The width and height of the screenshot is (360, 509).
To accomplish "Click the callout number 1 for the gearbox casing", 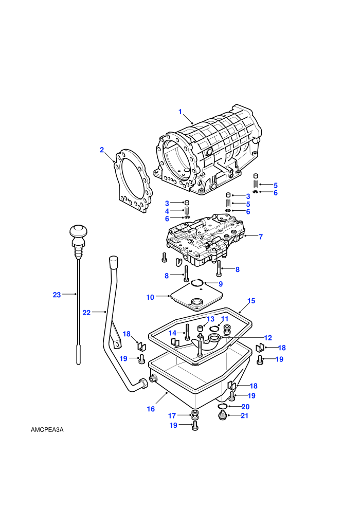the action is tap(180, 112).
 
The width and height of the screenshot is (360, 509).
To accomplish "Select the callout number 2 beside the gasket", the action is tap(102, 150).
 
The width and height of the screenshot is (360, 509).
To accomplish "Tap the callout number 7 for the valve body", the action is tap(261, 237).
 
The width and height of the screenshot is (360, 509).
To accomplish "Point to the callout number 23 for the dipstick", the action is tap(57, 295).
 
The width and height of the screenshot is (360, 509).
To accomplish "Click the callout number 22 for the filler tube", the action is tap(86, 313).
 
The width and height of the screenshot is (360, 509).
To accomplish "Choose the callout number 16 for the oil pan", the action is tap(151, 409).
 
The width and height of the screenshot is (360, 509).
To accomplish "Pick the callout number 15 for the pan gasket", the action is tap(251, 301).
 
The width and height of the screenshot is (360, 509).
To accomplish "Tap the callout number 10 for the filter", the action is tap(150, 297).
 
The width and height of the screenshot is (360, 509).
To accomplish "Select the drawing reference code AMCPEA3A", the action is tap(47, 430).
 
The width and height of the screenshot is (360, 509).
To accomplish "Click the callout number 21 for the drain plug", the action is tap(244, 415).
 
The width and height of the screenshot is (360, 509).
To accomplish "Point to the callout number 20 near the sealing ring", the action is tap(245, 407).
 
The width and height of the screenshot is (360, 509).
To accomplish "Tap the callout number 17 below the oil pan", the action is tap(172, 415).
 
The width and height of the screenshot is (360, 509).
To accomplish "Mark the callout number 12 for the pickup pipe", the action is tap(268, 338).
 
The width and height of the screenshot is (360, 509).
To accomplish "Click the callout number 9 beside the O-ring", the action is tap(221, 284).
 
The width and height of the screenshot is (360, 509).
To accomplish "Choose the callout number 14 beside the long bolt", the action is tap(172, 333).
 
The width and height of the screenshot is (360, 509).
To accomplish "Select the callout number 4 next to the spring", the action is tap(167, 211).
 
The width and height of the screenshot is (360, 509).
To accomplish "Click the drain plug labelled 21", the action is tap(222, 415).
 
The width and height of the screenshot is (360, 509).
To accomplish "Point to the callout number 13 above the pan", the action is tap(210, 319).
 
